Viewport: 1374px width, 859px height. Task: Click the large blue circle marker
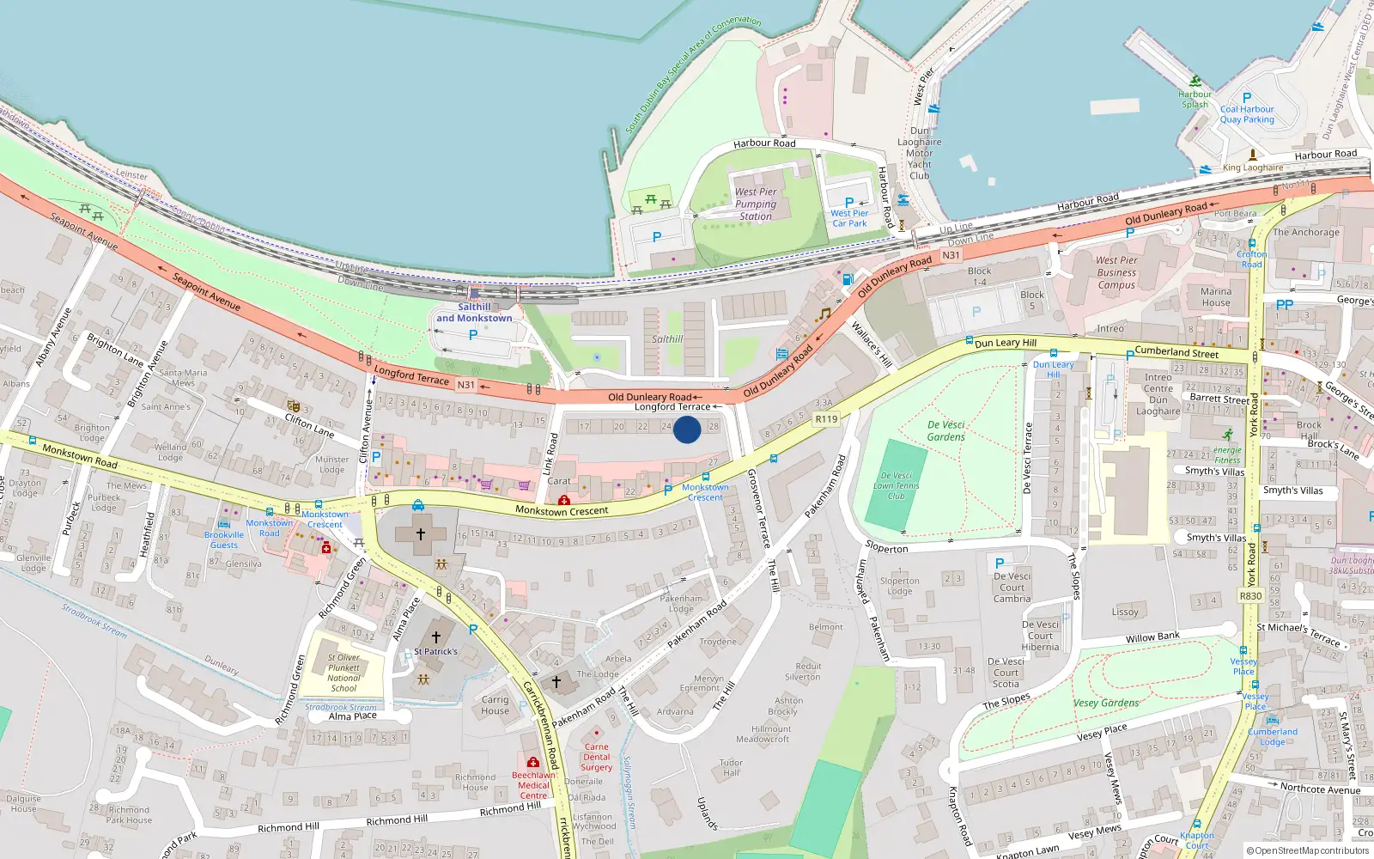tap(687, 429)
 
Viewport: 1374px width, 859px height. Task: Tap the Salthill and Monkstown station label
tap(474, 313)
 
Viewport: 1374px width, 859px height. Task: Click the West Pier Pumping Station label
tap(756, 204)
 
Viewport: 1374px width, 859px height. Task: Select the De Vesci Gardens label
tap(946, 430)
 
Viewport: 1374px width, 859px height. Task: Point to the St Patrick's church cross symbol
tap(436, 637)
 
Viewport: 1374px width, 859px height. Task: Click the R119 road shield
tap(826, 419)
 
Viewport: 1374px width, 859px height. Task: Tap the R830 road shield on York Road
tap(1250, 596)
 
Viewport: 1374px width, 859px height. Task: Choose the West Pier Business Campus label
tap(1116, 272)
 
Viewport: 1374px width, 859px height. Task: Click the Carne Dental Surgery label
tap(596, 757)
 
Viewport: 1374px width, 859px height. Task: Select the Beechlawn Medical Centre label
tap(533, 785)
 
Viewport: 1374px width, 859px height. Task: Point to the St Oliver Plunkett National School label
tap(343, 673)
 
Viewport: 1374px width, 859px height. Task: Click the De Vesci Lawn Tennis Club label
tap(897, 485)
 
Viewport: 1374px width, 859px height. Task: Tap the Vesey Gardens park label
tap(1106, 703)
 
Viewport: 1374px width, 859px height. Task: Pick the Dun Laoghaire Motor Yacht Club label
tap(920, 153)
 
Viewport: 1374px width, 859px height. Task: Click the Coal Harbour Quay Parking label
tap(1247, 114)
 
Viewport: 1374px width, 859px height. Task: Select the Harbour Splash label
tap(1195, 100)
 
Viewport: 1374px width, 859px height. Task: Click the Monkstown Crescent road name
tap(562, 510)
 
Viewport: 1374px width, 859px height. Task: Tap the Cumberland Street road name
tap(1176, 352)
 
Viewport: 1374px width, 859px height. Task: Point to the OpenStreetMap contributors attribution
tap(1308, 850)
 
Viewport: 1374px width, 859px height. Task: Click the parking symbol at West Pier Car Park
tap(849, 203)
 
